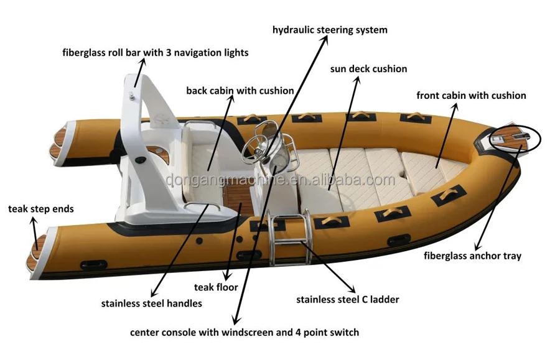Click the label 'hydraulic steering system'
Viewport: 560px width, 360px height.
[330, 30]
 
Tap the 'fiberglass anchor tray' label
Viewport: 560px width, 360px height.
[472, 256]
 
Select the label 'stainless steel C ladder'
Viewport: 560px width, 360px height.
[347, 300]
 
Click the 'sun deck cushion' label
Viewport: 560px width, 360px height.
[368, 69]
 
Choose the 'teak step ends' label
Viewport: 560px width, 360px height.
[40, 209]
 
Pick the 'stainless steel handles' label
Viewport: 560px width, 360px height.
[151, 304]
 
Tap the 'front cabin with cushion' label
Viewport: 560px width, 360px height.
[471, 96]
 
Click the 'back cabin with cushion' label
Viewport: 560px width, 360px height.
[240, 91]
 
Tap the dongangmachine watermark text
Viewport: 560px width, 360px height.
[280, 180]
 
